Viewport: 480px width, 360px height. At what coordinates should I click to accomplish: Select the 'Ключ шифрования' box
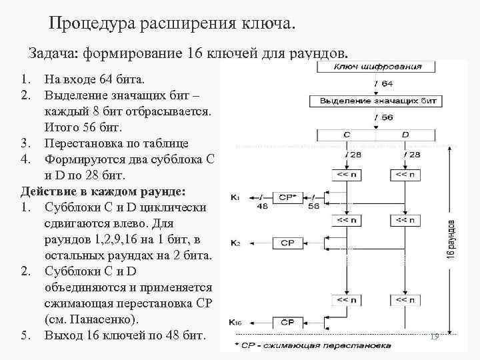point(377,67)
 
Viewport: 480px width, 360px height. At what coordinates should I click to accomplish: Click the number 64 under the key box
point(387,83)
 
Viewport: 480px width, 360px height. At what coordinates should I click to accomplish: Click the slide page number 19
point(435,337)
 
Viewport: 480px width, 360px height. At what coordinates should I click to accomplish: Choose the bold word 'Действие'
point(47,191)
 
